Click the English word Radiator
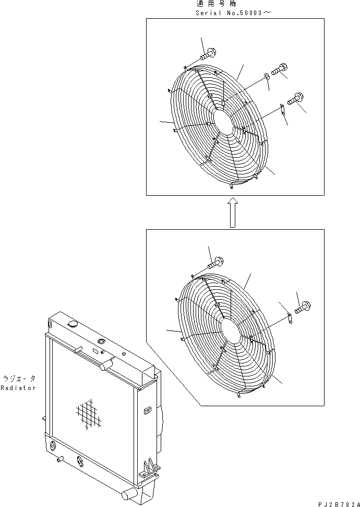click(19, 388)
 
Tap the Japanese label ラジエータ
click(19, 378)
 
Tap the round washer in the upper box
click(267, 77)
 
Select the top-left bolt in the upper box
click(209, 52)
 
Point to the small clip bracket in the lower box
click(290, 317)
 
